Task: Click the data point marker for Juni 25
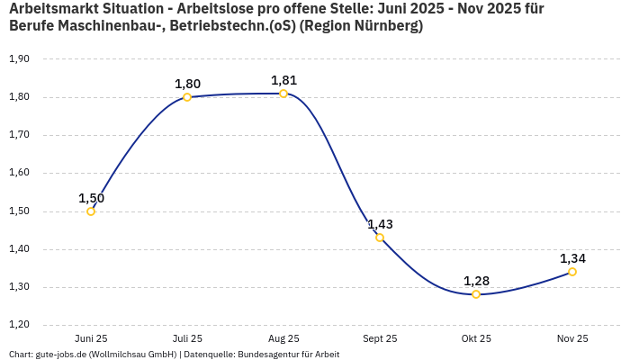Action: pos(91,211)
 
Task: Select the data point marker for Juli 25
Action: pos(187,97)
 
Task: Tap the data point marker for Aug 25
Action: pos(283,94)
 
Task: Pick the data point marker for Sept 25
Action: pos(380,238)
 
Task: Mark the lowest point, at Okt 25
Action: pos(476,294)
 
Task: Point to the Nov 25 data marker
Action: pos(572,272)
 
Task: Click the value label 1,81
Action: pos(283,80)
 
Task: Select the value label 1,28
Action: pos(476,281)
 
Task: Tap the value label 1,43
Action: pos(380,224)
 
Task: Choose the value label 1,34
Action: pos(572,258)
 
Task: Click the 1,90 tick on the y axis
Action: pos(19,59)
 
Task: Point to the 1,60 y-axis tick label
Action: pos(19,173)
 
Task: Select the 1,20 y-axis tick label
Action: pos(19,325)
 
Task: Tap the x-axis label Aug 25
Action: pos(283,338)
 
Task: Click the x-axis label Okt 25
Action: pos(476,338)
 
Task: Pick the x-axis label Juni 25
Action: pos(91,338)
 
